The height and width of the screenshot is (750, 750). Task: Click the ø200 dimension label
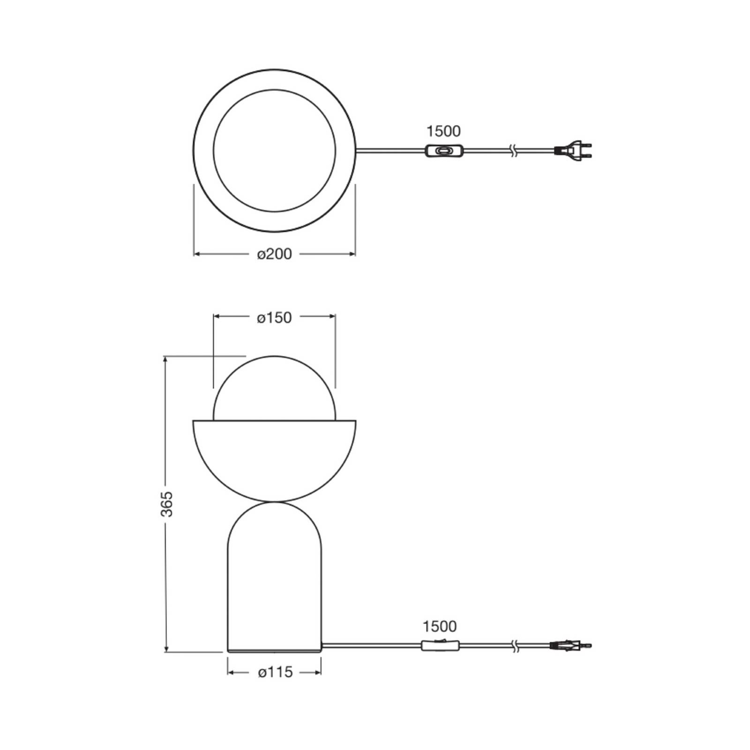[x=274, y=254]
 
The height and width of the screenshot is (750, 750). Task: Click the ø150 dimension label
[x=274, y=318]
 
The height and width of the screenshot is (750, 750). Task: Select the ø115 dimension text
[x=275, y=672]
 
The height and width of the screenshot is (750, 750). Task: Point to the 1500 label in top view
[x=443, y=131]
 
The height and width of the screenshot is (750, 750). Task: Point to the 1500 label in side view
[x=439, y=626]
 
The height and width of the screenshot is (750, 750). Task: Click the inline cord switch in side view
[x=440, y=645]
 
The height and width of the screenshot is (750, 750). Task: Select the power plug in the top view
[x=574, y=150]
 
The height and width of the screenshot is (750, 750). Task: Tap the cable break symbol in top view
[x=514, y=151]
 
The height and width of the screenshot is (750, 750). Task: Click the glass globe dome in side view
[x=274, y=389]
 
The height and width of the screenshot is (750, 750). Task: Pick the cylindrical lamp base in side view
[x=274, y=586]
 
